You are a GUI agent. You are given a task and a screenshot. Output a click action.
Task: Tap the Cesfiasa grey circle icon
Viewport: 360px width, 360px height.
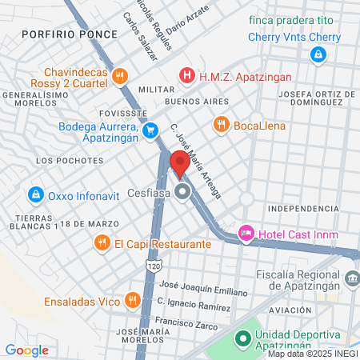point(183,192)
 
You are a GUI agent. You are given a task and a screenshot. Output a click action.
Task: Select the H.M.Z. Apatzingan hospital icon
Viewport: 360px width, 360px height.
point(187,76)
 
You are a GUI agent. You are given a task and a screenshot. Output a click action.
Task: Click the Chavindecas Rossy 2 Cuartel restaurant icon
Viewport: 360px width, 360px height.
point(119,76)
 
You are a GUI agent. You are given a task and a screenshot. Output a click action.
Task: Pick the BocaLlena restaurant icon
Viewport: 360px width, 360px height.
point(221,124)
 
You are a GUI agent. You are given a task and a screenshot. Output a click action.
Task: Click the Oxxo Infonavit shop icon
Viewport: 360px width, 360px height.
point(35,194)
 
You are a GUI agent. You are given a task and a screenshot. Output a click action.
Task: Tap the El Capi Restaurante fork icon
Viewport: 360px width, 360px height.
point(102,243)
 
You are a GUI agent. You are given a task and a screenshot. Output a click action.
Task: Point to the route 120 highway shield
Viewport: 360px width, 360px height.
point(152,264)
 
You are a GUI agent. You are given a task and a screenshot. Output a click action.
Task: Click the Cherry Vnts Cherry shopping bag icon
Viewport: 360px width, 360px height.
point(318,54)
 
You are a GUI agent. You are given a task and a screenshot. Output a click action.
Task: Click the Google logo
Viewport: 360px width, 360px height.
point(26,350)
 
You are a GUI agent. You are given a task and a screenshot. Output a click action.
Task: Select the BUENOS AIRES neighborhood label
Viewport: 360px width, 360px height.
point(196,102)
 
